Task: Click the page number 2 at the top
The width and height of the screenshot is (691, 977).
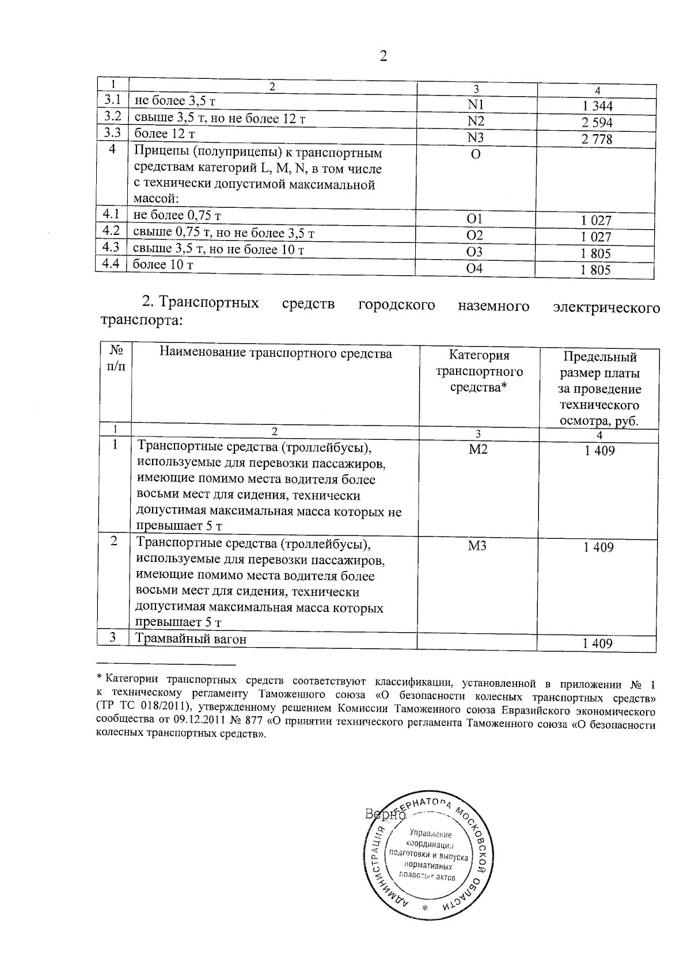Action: tap(384, 56)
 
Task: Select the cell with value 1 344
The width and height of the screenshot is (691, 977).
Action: tap(597, 106)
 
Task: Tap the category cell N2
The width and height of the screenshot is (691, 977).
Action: tap(476, 121)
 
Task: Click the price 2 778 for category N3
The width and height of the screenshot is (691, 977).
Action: tap(597, 139)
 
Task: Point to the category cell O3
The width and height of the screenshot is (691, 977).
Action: tap(474, 252)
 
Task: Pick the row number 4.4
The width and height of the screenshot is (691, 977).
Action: tap(110, 264)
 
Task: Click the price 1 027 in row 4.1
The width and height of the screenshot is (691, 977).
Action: tap(596, 221)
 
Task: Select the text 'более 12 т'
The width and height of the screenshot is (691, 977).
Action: tap(164, 134)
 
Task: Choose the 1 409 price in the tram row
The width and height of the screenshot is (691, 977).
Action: tap(598, 644)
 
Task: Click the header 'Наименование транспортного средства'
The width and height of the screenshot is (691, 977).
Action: tap(275, 353)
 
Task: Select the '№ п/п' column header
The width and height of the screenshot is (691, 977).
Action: tap(115, 358)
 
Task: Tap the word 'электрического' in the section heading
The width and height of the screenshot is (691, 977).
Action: tap(606, 307)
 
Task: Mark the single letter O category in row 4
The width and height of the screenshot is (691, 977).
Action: tap(476, 155)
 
